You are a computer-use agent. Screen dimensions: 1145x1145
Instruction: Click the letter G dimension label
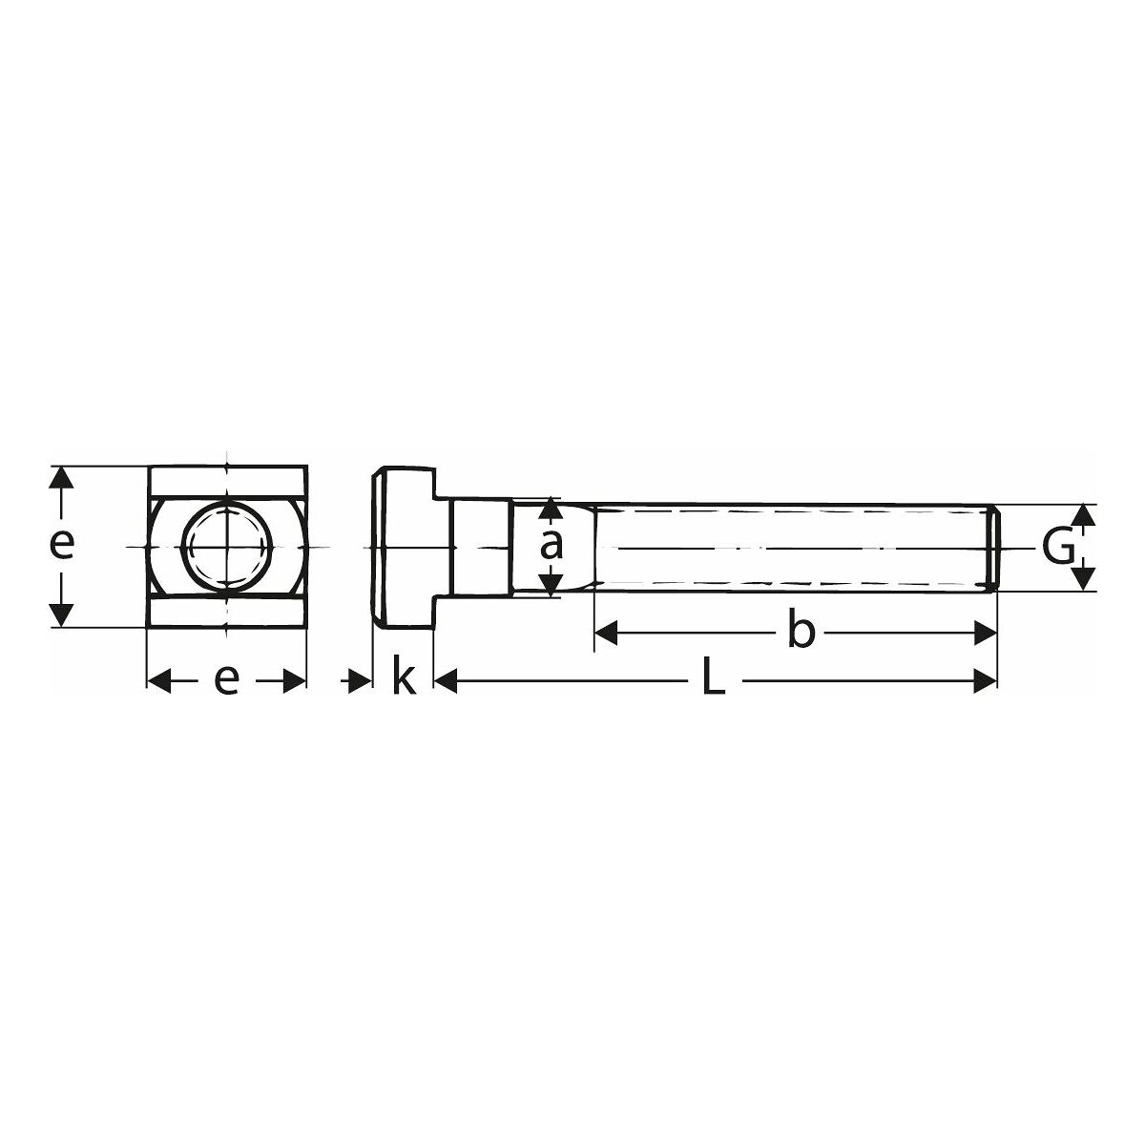click(1058, 548)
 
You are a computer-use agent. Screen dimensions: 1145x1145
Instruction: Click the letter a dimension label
click(551, 546)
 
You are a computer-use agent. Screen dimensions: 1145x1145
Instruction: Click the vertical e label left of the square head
click(61, 546)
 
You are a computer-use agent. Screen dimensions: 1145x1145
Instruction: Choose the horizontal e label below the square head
click(226, 681)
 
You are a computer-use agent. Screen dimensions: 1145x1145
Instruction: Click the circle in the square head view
click(227, 546)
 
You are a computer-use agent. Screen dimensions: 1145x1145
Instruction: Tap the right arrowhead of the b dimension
click(985, 634)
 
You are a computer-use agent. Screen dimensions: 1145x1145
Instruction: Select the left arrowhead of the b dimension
click(606, 634)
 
